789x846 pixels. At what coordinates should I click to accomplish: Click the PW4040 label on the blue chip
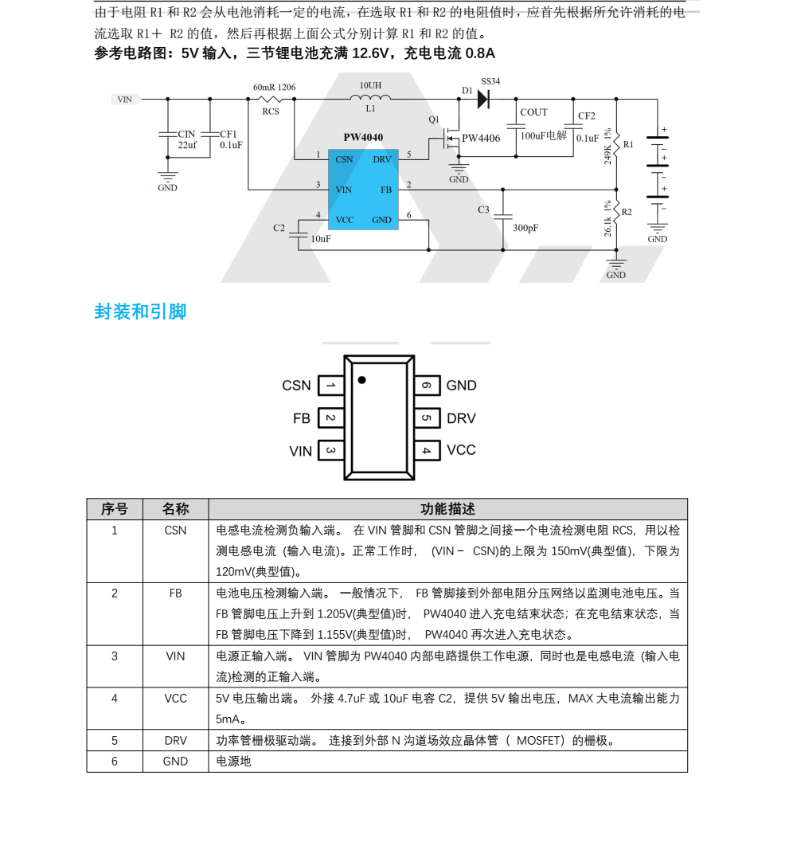pos(363,137)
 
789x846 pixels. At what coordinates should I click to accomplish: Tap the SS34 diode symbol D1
pos(482,100)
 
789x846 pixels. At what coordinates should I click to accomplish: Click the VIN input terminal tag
pos(125,100)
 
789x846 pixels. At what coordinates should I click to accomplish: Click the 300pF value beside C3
pos(525,228)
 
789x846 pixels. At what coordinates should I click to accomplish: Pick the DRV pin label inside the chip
pos(382,159)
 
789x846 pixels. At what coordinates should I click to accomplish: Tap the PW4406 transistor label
pos(481,138)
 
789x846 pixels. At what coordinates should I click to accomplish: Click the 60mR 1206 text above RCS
pos(274,87)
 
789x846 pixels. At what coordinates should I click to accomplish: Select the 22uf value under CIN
pos(187,145)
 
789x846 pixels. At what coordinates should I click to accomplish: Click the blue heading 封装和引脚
pos(140,311)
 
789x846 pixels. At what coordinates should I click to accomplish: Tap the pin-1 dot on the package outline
pos(361,380)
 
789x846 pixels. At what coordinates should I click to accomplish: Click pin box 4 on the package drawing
pos(427,451)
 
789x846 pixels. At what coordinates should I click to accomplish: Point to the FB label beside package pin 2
pos(302,418)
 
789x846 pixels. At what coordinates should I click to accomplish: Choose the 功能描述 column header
pos(447,509)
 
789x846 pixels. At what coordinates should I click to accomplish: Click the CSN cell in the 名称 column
pos(175,530)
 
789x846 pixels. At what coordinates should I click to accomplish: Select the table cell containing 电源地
pos(234,761)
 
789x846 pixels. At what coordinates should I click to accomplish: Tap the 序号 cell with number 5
pos(115,740)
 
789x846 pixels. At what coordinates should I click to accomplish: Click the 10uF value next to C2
pos(321,238)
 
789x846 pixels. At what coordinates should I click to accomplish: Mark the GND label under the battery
pos(657,239)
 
